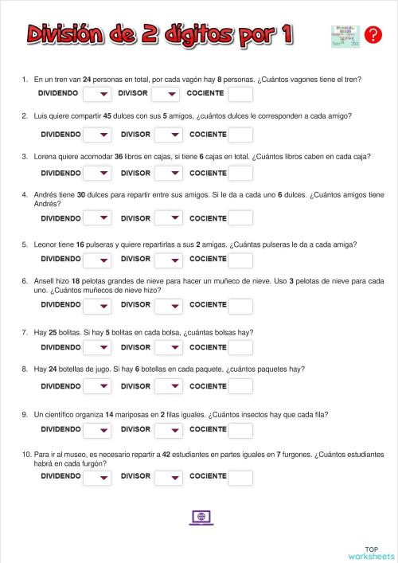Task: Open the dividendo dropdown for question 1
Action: pos(96,95)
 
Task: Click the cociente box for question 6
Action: pos(240,306)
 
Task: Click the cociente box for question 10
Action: pos(240,478)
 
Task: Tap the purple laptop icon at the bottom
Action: pos(201,518)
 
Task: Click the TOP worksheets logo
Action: pos(371,553)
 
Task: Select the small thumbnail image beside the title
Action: pos(345,36)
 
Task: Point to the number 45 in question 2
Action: pos(108,116)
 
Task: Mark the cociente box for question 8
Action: pos(240,387)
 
